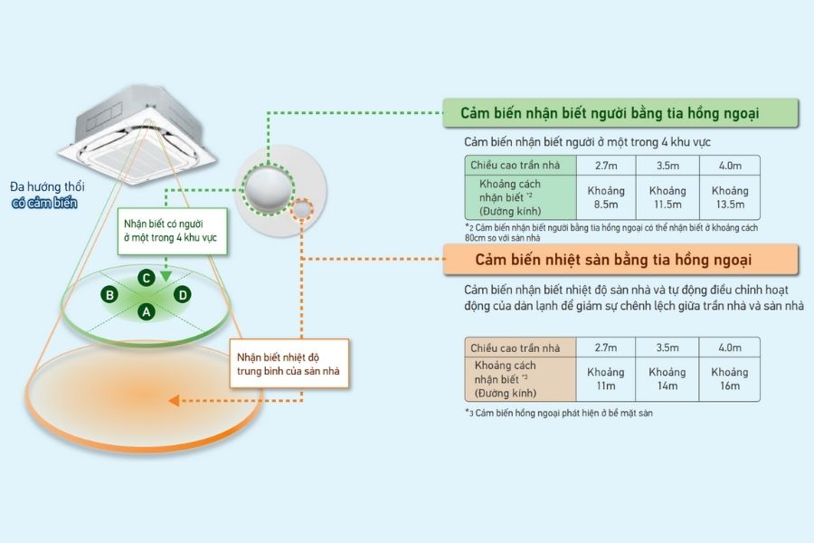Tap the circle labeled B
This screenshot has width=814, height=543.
(x=109, y=294)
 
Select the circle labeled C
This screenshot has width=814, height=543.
(x=146, y=277)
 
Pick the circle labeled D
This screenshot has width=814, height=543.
(x=182, y=294)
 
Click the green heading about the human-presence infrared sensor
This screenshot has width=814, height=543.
(x=609, y=113)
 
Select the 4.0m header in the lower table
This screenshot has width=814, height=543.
(x=729, y=348)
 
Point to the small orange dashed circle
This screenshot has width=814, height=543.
(x=303, y=209)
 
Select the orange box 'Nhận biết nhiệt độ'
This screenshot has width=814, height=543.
(x=287, y=362)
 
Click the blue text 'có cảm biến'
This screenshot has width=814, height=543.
(x=44, y=204)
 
